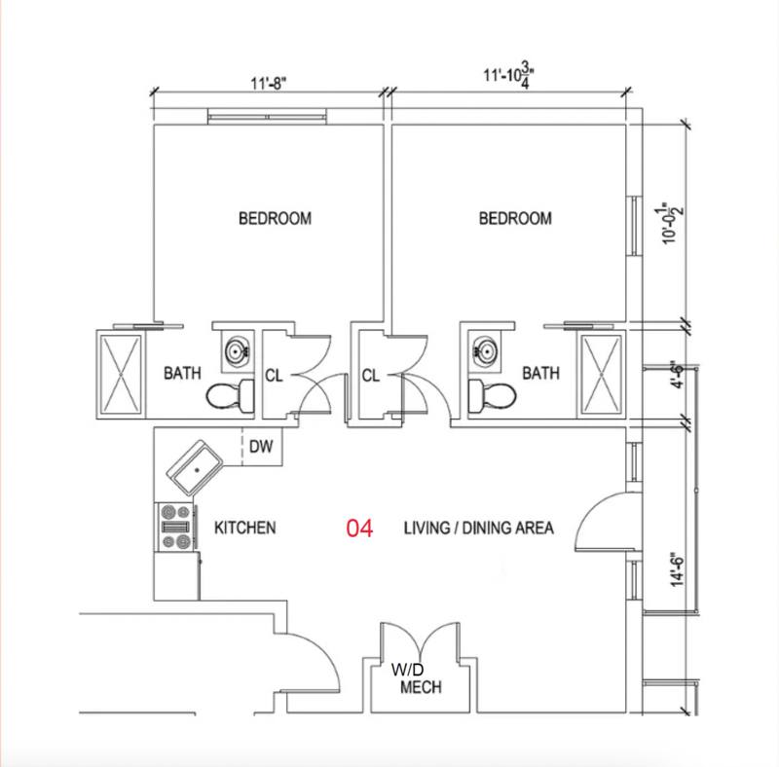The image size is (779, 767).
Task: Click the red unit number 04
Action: tap(359, 529)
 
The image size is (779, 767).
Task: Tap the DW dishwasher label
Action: tap(261, 447)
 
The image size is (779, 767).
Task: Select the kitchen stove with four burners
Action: tap(176, 527)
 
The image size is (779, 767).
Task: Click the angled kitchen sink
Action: tap(194, 467)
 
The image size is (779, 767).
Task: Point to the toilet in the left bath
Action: tap(231, 395)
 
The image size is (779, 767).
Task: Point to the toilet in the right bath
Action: tap(492, 395)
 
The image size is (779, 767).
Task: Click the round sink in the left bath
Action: tap(237, 351)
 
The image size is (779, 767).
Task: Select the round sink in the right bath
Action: tap(485, 351)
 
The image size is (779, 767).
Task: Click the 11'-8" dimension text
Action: tap(269, 83)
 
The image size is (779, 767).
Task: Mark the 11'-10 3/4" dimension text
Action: tap(509, 77)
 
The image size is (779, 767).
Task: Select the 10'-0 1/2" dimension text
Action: tap(672, 224)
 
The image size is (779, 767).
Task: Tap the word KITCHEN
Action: tap(245, 528)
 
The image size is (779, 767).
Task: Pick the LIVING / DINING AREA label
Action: tap(478, 528)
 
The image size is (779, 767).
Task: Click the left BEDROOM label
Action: tap(275, 219)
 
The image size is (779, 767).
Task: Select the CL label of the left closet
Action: tap(274, 376)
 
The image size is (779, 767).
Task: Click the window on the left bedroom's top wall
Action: tap(267, 117)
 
